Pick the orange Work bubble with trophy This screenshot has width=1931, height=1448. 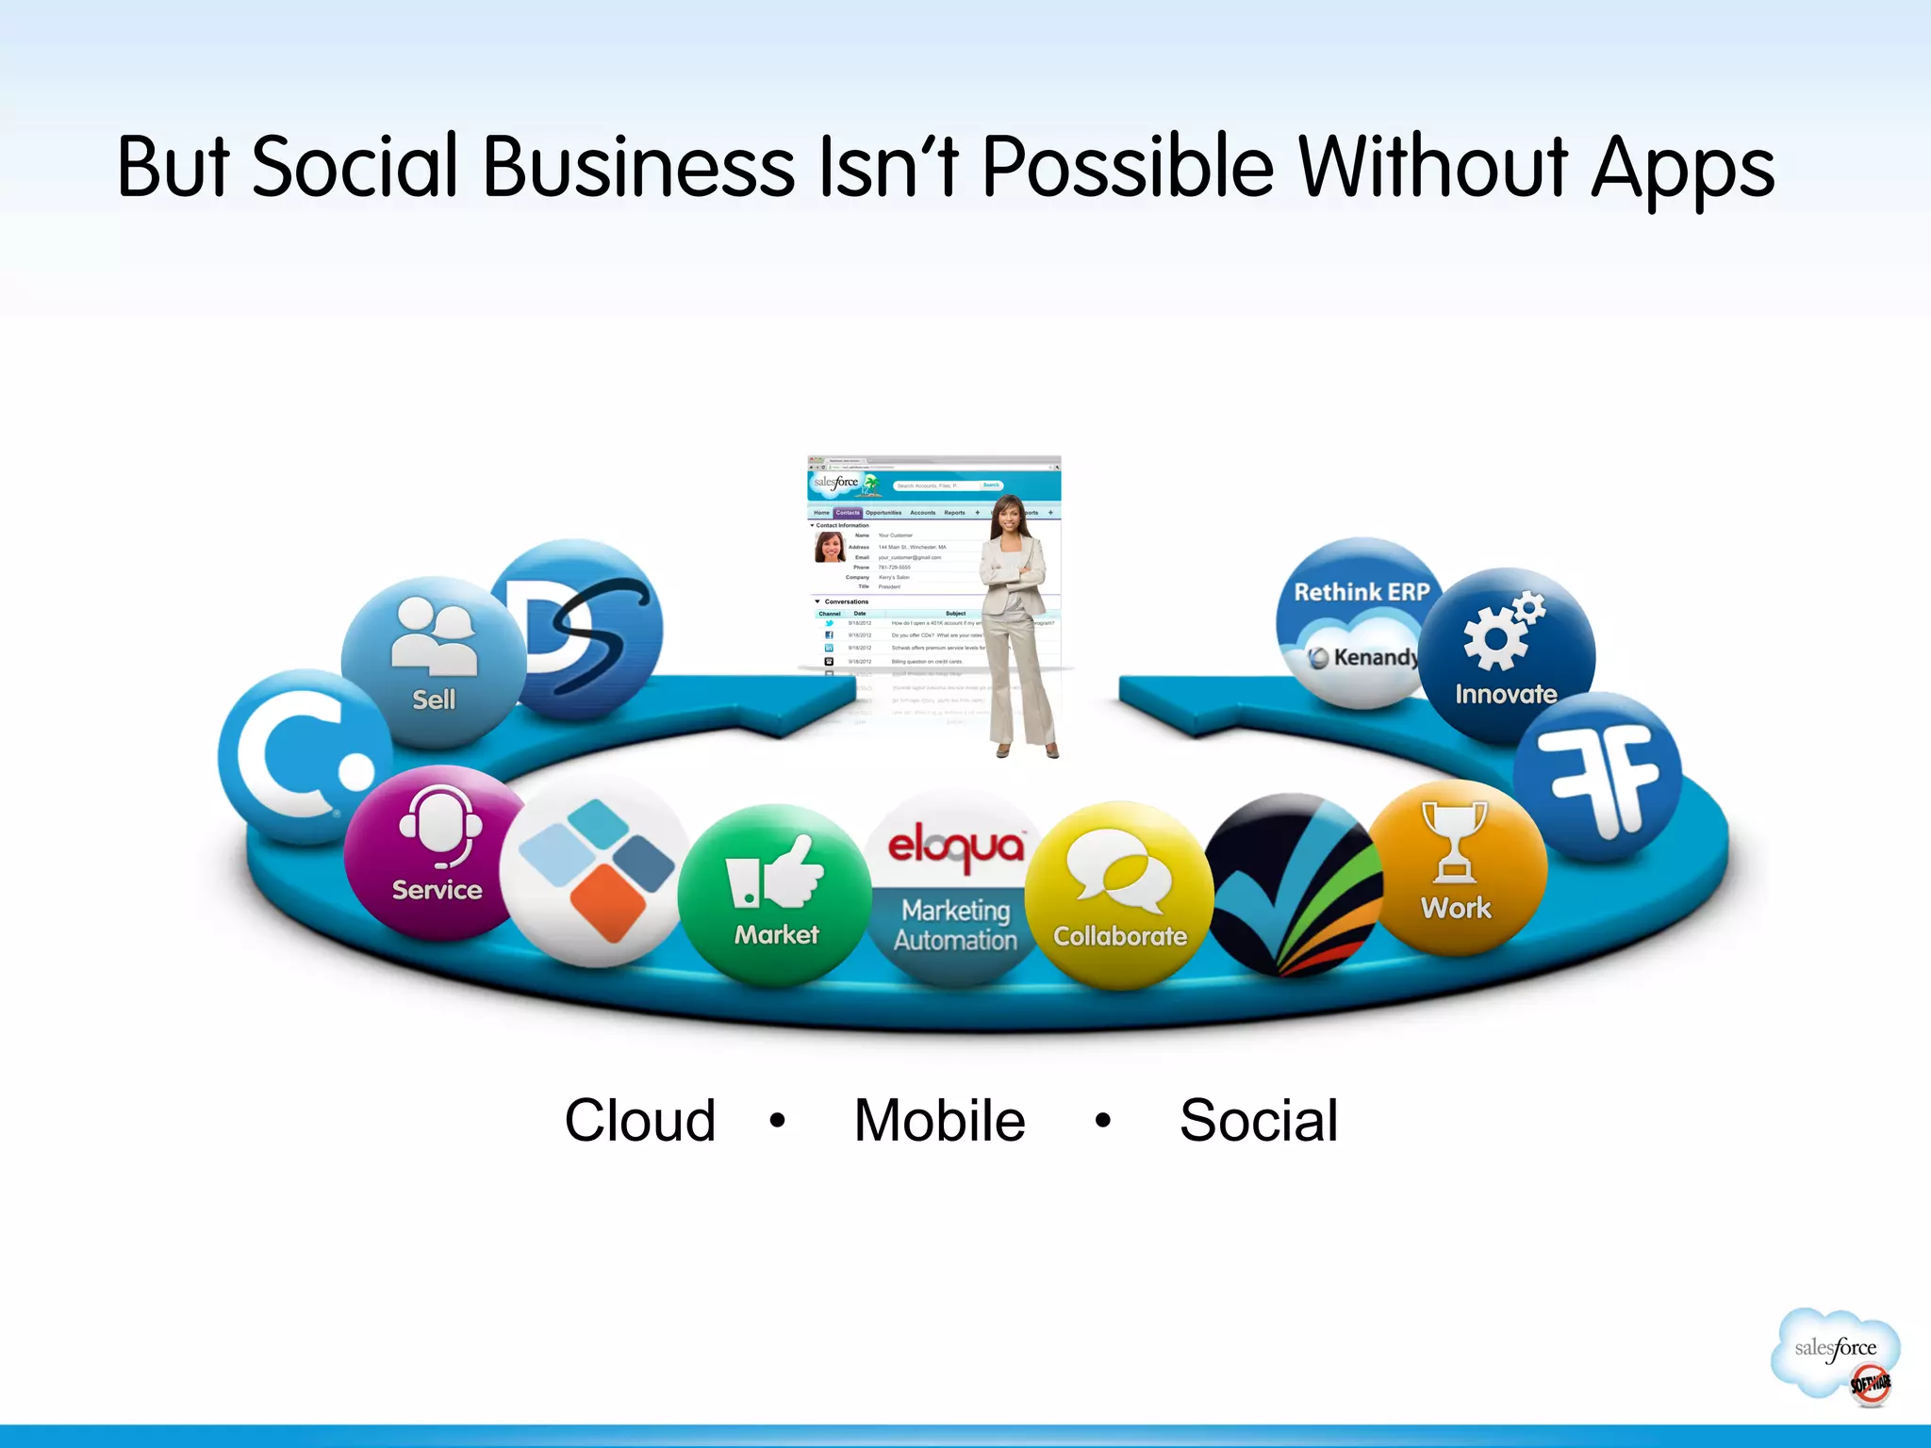[x=1458, y=867]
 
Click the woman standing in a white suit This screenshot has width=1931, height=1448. [x=1015, y=626]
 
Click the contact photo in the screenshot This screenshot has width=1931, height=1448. [x=829, y=547]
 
